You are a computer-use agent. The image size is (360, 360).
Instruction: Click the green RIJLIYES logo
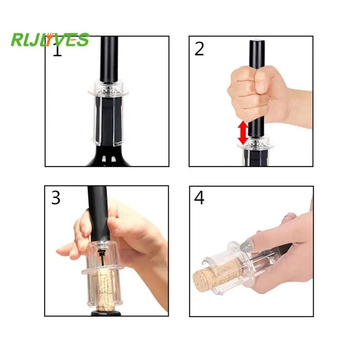50,40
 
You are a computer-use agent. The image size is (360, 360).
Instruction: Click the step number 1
57,50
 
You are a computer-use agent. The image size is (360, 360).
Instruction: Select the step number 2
199,49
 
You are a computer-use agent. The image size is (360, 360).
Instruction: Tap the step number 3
56,198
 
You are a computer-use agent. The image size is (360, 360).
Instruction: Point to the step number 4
199,198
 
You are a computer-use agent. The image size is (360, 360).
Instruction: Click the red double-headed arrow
243,133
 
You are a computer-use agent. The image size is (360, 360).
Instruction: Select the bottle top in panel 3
104,312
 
